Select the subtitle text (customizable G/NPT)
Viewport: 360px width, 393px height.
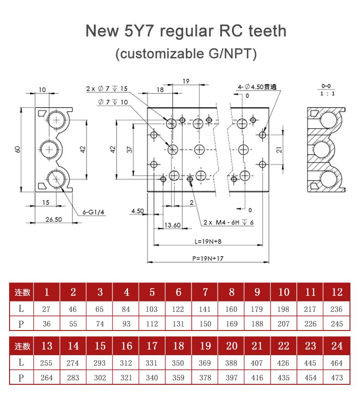[x=186, y=53]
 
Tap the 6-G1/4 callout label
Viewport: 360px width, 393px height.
[x=93, y=212]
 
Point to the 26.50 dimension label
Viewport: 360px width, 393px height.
[x=53, y=219]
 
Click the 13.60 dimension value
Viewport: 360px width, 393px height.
[x=172, y=225]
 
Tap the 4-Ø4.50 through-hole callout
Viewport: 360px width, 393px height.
[x=257, y=87]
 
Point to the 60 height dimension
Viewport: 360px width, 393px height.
[x=17, y=150]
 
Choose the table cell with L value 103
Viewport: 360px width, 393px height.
[x=152, y=309]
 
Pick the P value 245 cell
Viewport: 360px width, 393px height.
[x=336, y=324]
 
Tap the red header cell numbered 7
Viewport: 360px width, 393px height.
[x=205, y=292]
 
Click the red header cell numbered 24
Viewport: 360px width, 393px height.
[x=337, y=346]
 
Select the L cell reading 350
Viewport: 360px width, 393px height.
[x=178, y=363]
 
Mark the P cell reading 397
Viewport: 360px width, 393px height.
[x=231, y=378]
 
